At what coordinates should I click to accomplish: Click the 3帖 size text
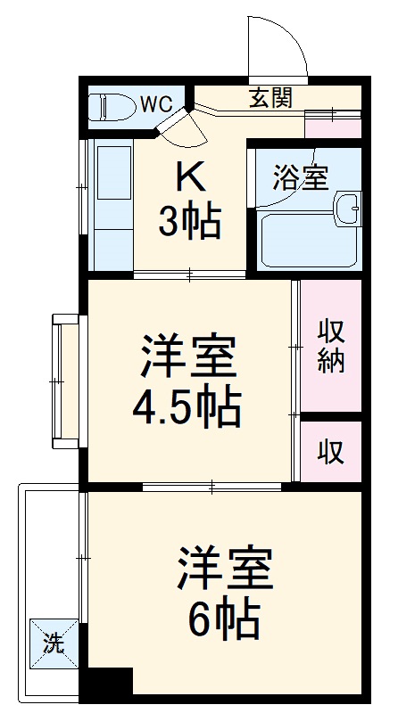[189, 223]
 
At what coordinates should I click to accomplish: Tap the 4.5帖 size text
[187, 407]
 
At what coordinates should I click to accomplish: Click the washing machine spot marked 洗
[54, 644]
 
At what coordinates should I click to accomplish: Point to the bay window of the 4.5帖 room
[65, 380]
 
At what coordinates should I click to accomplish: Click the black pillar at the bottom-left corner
[107, 683]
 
